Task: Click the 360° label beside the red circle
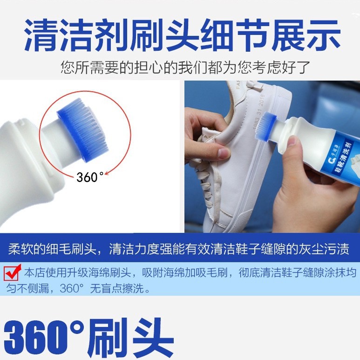tap(90, 177)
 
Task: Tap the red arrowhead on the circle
tap(107, 174)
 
